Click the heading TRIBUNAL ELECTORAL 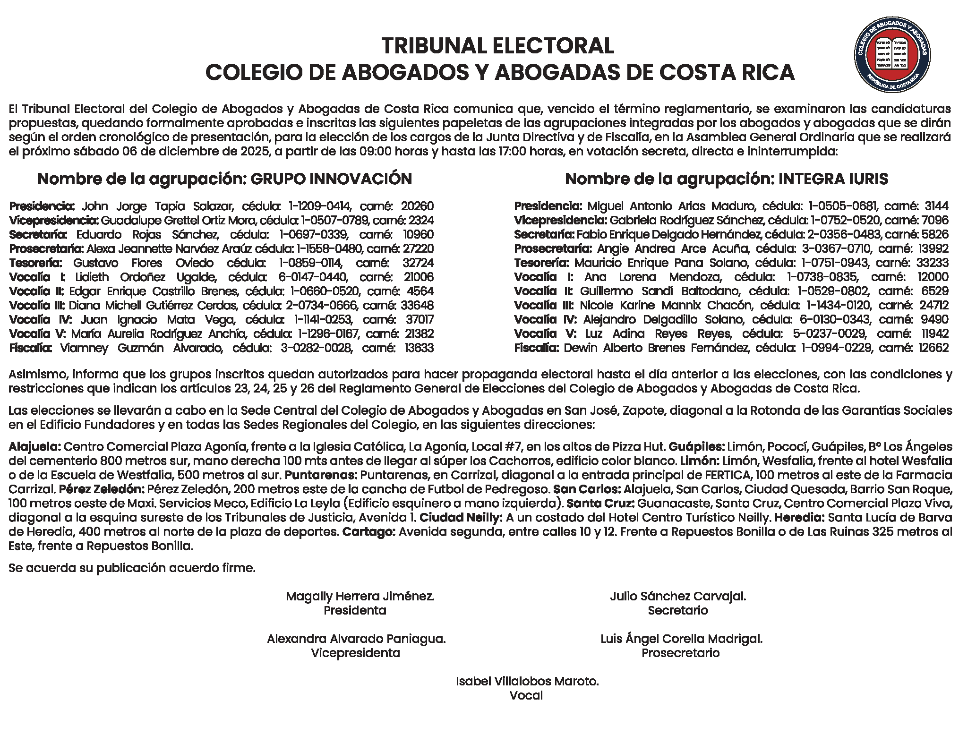[498, 46]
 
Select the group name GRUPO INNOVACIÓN [331, 179]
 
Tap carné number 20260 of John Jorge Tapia [417, 206]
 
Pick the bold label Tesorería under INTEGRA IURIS [542, 263]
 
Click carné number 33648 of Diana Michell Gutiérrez [417, 306]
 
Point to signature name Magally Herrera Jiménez [360, 597]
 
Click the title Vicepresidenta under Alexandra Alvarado [355, 653]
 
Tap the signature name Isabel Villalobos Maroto [527, 682]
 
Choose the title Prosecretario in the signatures [680, 653]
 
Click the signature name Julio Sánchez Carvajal [678, 597]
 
